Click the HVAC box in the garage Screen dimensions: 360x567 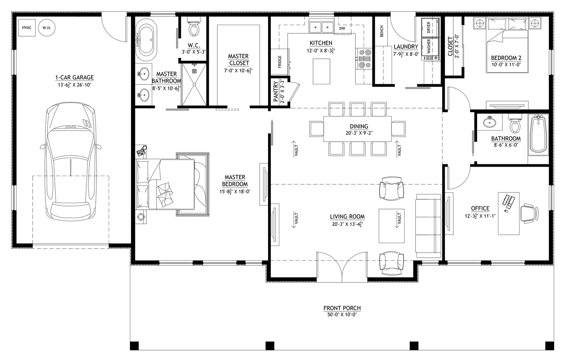tap(27, 27)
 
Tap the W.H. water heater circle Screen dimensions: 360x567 tap(47, 28)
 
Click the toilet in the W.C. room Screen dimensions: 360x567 tap(193, 28)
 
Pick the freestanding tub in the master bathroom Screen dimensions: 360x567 tap(146, 39)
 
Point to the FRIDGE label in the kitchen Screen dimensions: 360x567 tap(280, 62)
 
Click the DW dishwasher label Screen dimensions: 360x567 tap(342, 28)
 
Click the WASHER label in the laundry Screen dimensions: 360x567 tap(429, 46)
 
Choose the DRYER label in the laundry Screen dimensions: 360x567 tap(429, 27)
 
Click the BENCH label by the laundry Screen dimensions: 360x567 tap(381, 32)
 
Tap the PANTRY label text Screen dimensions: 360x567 tap(276, 92)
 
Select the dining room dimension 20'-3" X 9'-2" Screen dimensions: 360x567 tap(359, 133)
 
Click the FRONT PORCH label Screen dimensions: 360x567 tap(342, 308)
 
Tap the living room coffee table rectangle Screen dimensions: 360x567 tap(391, 226)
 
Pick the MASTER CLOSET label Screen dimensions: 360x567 tap(239, 60)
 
